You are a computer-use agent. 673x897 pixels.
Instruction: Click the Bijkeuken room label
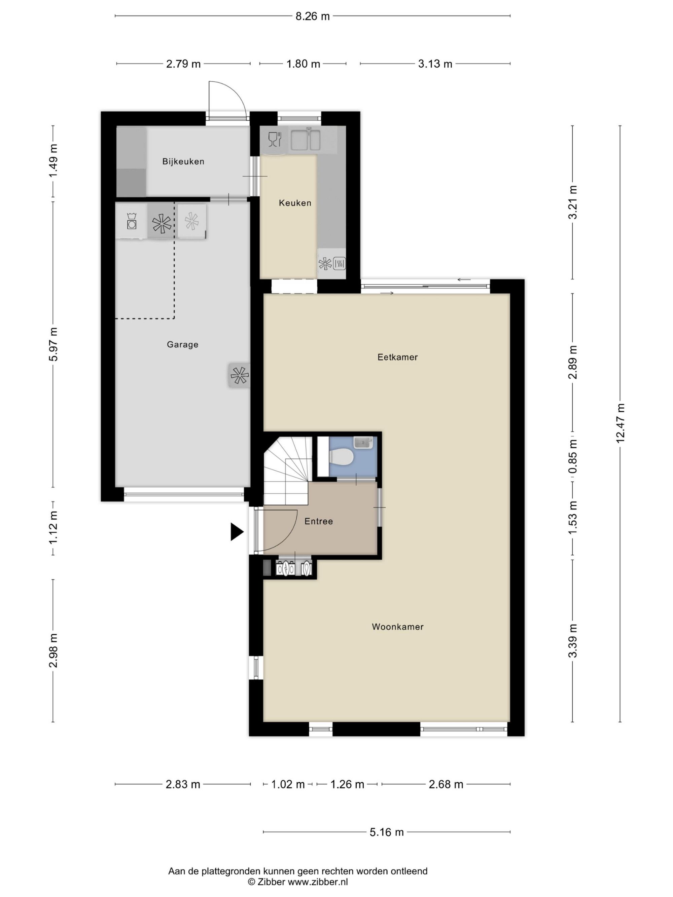183,161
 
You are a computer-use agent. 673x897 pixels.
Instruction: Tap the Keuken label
295,203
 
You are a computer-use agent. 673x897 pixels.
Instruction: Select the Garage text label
182,345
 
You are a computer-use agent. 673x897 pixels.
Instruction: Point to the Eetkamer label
397,357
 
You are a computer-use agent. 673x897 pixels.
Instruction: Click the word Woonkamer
397,627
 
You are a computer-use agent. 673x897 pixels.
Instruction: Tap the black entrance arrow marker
237,532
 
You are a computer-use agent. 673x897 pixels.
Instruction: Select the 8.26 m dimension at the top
312,16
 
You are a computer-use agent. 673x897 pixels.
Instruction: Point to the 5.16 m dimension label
387,832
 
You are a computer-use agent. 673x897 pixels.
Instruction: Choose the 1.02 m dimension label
288,784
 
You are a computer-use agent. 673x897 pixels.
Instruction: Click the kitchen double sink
306,139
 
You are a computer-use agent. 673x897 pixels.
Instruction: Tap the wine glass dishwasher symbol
274,139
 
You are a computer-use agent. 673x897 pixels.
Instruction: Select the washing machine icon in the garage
131,221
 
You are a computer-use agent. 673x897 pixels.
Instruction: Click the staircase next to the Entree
287,471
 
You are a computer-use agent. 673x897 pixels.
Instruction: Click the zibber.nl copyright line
298,882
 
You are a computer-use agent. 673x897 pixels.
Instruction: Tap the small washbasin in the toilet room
363,442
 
